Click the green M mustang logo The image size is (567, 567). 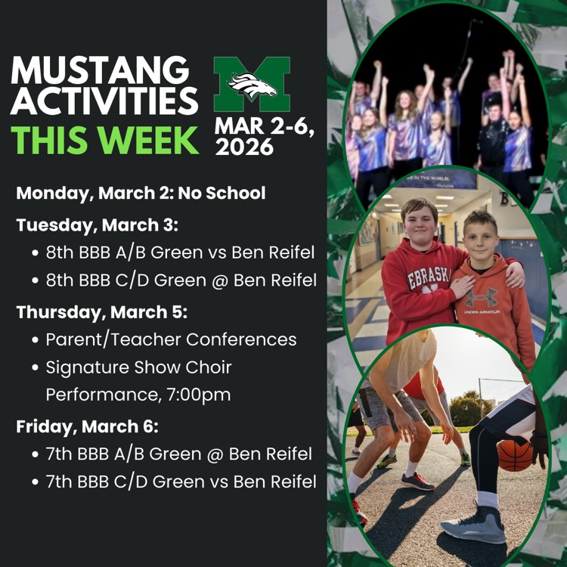coord(252,85)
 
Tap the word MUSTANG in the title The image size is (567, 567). coord(100,70)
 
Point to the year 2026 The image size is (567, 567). coord(244,147)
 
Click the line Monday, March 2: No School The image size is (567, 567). coord(141,193)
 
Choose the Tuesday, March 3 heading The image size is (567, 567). coord(96,225)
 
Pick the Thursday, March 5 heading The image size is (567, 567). coord(101,312)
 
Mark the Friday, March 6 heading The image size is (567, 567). coord(87,426)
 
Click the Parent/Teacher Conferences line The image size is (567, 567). coord(171,339)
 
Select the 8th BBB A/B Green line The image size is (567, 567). coord(180,253)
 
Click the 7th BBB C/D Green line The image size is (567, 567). coord(180,481)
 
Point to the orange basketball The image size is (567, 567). coord(516,454)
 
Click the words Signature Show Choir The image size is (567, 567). coord(138,367)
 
